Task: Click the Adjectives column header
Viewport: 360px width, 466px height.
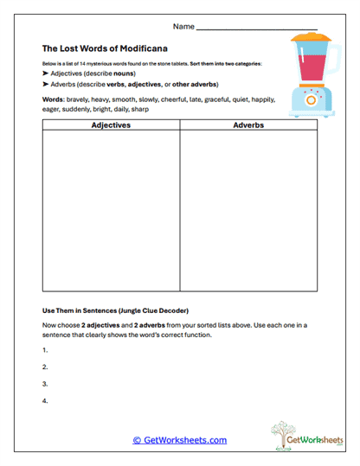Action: pyautogui.click(x=111, y=125)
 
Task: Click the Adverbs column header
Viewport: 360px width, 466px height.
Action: pyautogui.click(x=248, y=125)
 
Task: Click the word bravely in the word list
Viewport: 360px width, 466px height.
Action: pyautogui.click(x=77, y=100)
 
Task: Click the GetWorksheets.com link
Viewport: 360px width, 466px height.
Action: pyautogui.click(x=180, y=440)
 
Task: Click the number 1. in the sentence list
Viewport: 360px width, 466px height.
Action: pyautogui.click(x=44, y=350)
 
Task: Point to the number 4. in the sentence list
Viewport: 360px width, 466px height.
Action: pyautogui.click(x=44, y=400)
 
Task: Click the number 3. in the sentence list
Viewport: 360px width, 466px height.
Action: pyautogui.click(x=44, y=383)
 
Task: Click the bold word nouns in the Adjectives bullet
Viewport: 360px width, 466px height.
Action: pyautogui.click(x=121, y=74)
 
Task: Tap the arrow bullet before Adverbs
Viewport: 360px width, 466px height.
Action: pyautogui.click(x=45, y=85)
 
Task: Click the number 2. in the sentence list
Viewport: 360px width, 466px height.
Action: pyautogui.click(x=44, y=367)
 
